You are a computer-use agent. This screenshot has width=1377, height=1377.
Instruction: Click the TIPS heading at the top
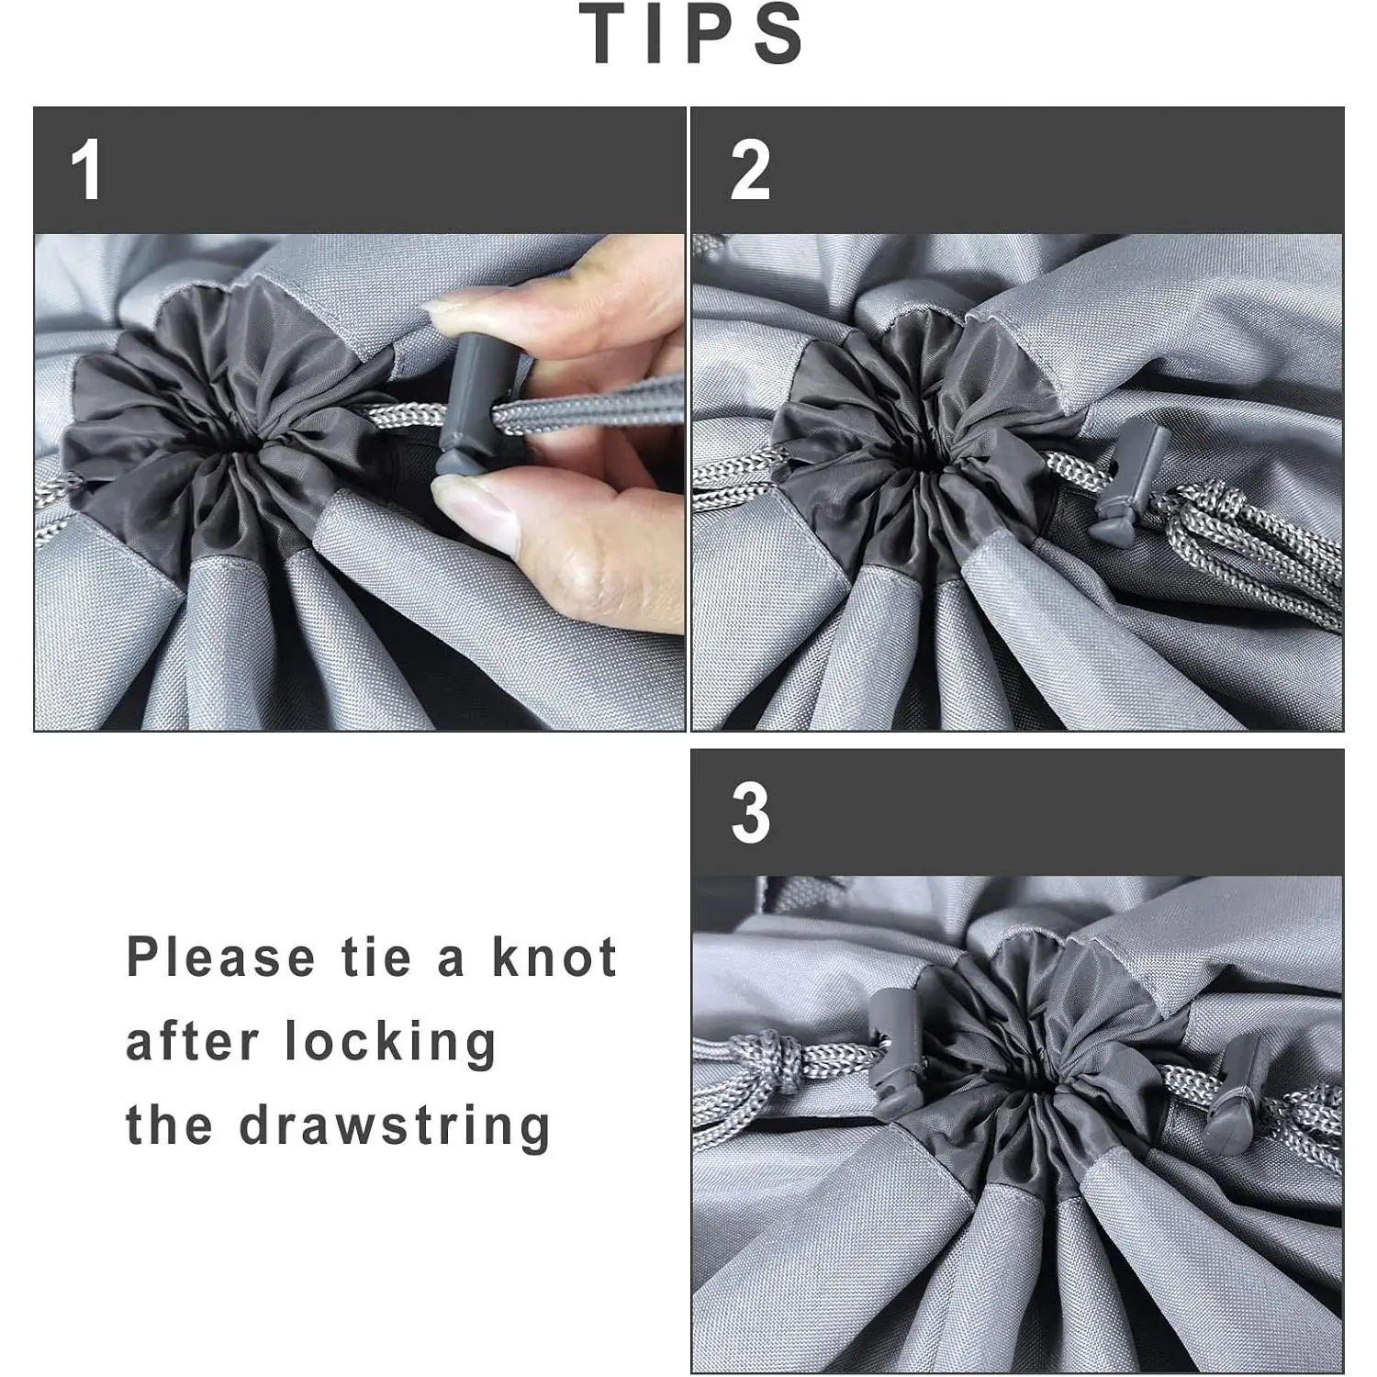click(693, 34)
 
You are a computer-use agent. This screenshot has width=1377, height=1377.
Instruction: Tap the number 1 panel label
click(86, 170)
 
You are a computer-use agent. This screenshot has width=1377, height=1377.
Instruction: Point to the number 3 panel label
click(750, 813)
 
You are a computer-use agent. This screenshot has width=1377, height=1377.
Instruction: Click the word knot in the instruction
click(554, 957)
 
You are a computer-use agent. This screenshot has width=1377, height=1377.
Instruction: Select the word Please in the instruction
click(221, 957)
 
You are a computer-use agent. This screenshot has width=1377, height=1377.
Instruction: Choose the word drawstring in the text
click(396, 1126)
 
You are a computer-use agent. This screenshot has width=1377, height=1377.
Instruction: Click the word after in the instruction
click(193, 1043)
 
